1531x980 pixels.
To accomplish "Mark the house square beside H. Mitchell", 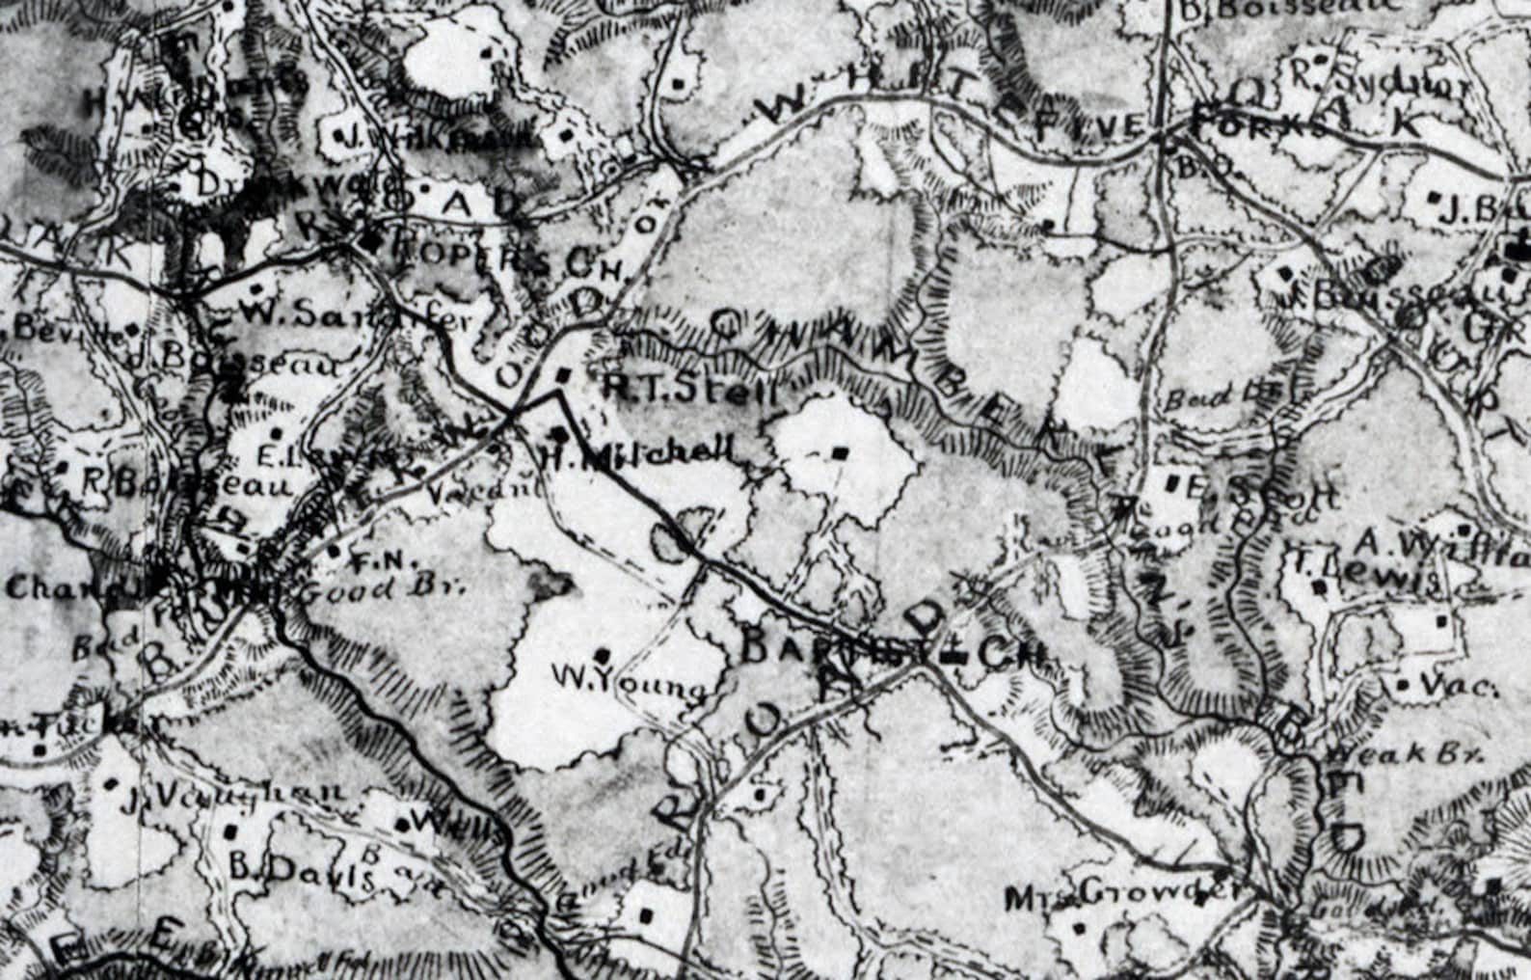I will [557, 431].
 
